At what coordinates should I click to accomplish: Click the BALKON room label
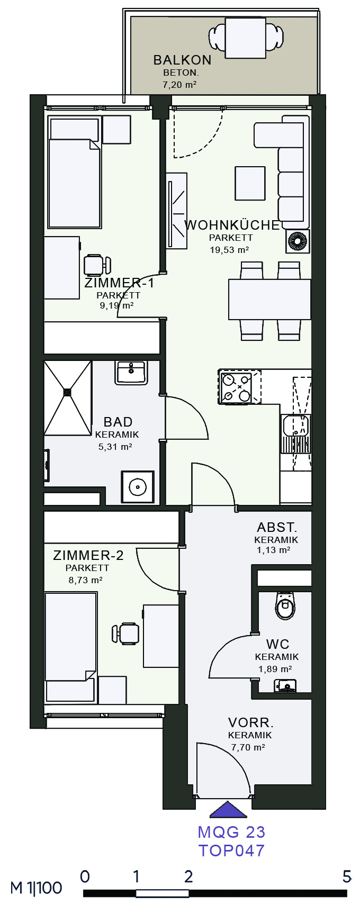click(x=182, y=60)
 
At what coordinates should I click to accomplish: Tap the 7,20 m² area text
click(x=180, y=85)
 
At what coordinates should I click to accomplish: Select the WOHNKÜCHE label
click(x=232, y=225)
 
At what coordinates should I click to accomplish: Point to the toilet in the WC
click(x=285, y=605)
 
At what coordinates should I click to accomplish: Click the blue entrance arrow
click(x=229, y=810)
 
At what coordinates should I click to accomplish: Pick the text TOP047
click(x=231, y=850)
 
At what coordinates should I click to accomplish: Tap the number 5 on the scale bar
click(x=347, y=876)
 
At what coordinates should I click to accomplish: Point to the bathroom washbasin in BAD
click(x=131, y=373)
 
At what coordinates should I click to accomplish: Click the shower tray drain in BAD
click(x=67, y=393)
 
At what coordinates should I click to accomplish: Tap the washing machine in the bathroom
click(x=138, y=486)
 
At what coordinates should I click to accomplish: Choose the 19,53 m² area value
click(x=229, y=250)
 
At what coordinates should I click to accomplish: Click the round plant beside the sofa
click(x=297, y=242)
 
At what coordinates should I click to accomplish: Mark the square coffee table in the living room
click(x=250, y=183)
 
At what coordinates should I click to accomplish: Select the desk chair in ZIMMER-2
click(x=126, y=633)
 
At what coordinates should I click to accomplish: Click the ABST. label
click(x=277, y=528)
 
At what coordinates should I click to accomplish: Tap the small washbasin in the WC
click(x=285, y=686)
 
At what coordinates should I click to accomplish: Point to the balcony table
click(x=245, y=38)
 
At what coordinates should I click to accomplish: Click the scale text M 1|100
click(x=36, y=888)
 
